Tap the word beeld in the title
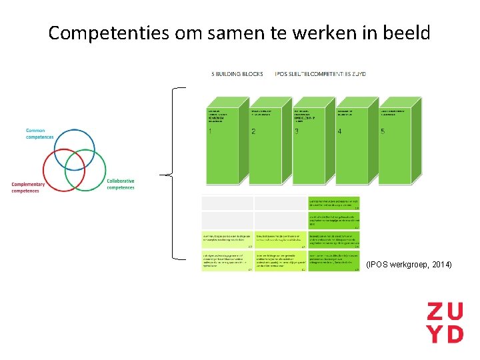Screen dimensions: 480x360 coord(406,33)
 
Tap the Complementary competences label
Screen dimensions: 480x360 coord(28,187)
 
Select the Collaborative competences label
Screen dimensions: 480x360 coord(121,184)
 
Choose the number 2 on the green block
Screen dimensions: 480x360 coord(253,131)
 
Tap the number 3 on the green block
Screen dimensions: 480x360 coord(296,131)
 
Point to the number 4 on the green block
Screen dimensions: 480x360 coord(339,131)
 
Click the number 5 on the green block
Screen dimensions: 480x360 coord(382,131)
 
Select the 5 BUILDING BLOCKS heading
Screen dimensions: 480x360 coord(237,74)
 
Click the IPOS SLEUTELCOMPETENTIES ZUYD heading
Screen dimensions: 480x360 coord(321,74)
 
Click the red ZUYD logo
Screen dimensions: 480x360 coord(445,322)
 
